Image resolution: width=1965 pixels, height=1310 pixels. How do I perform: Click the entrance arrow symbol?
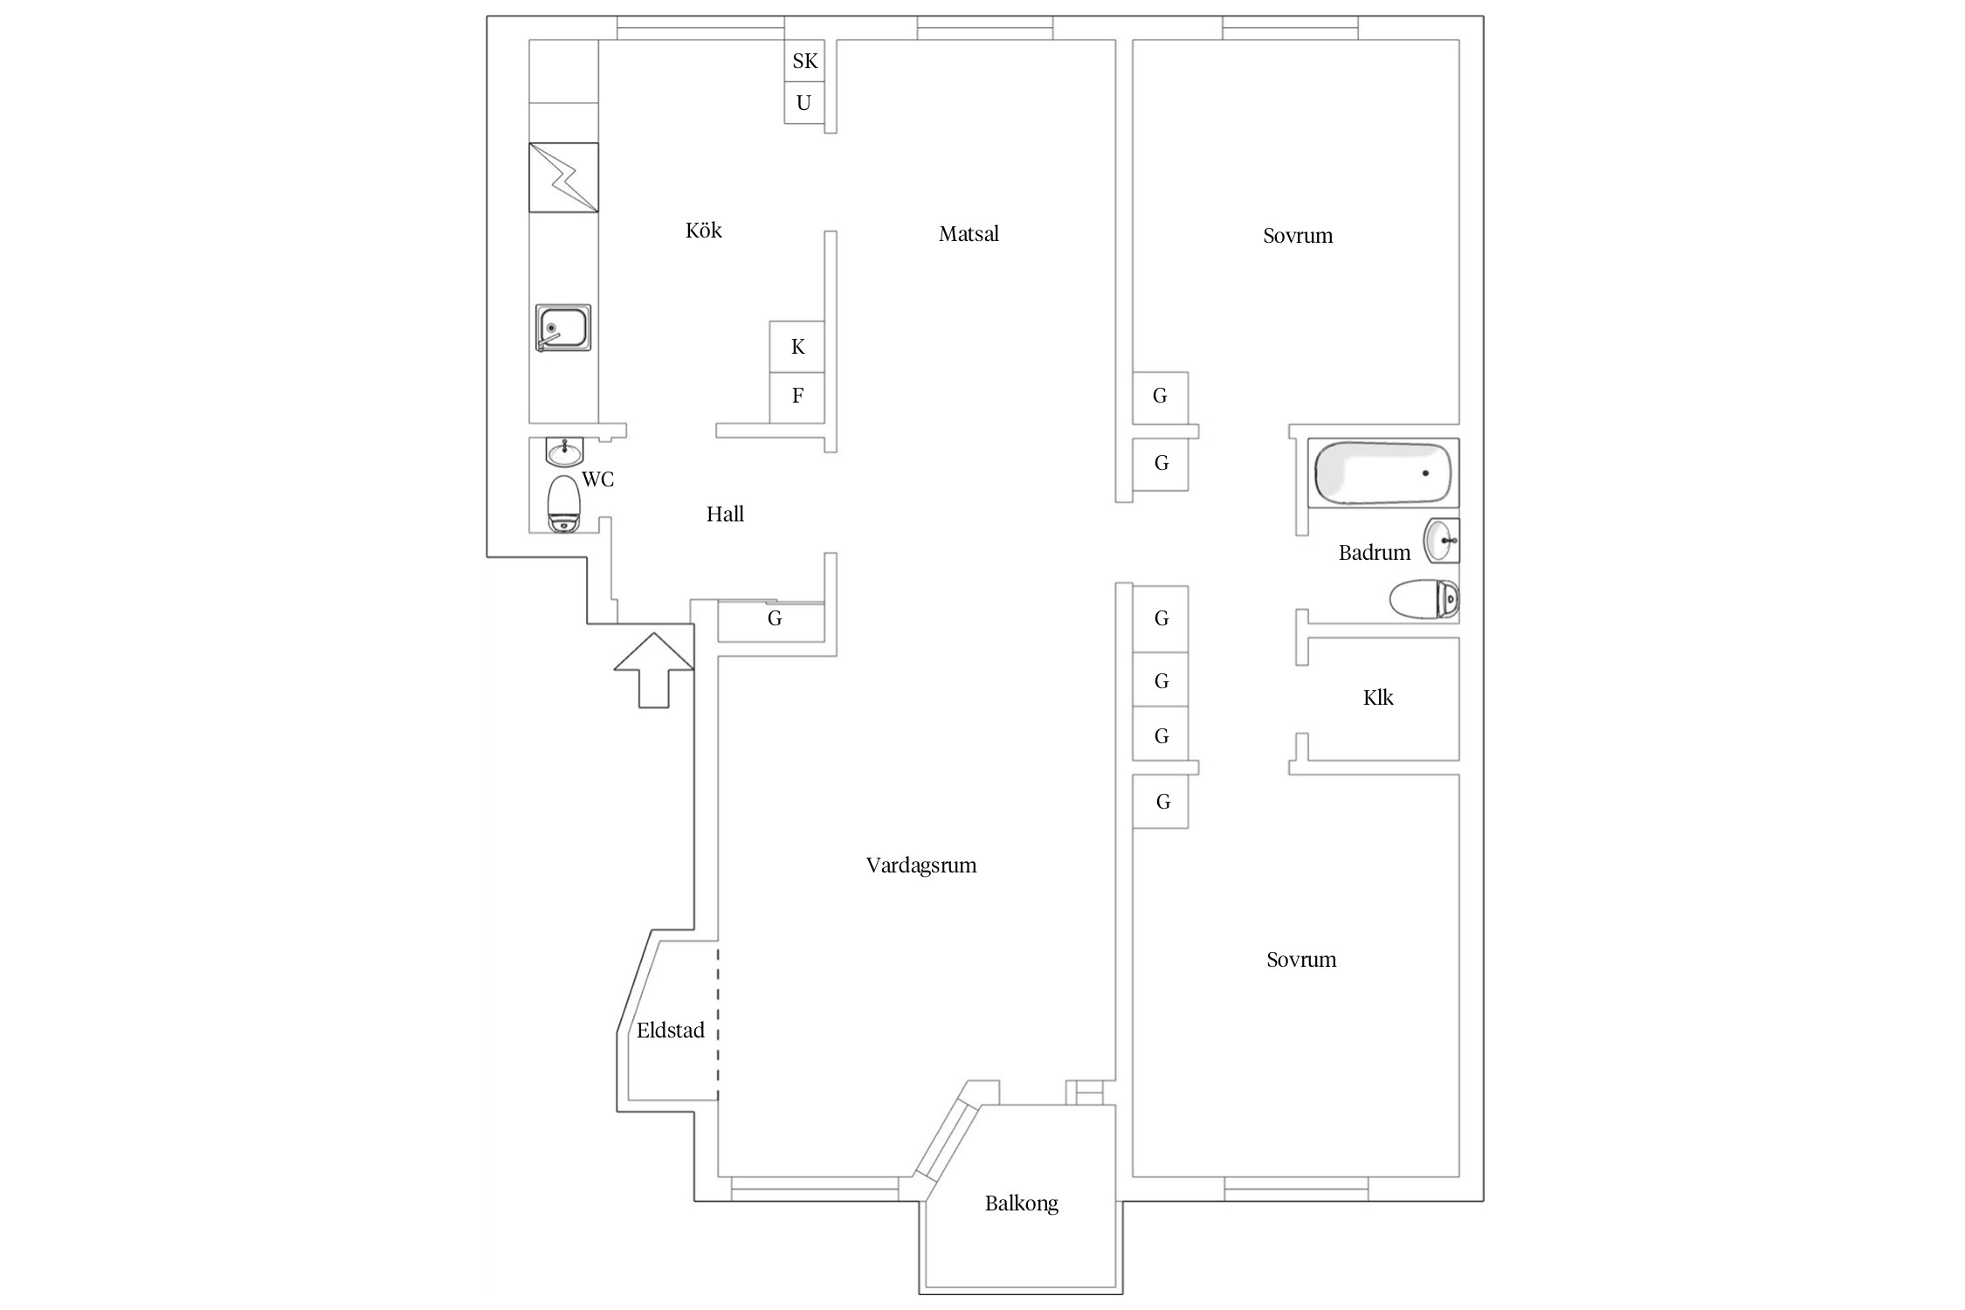tap(654, 670)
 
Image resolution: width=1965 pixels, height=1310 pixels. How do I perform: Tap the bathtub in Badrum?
tap(1383, 472)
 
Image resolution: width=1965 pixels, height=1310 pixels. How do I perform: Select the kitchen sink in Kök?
tap(563, 327)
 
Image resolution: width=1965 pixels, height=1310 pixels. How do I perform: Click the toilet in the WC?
tap(564, 504)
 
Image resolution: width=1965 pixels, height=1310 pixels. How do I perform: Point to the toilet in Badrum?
tap(1424, 600)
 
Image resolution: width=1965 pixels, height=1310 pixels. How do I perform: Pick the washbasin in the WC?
tap(564, 452)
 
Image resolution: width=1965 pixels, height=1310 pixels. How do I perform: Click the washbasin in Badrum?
tap(1442, 541)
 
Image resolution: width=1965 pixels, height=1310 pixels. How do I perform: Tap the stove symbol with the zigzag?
tap(563, 177)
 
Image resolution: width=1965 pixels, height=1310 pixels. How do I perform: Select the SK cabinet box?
tap(804, 61)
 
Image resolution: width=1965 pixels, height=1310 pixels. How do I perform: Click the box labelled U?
tap(804, 103)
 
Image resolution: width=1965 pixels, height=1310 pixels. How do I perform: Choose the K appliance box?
tap(797, 347)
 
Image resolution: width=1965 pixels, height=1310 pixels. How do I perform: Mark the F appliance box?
tap(797, 398)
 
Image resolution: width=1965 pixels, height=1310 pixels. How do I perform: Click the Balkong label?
tap(1022, 1203)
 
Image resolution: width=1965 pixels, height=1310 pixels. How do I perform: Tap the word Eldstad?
tap(671, 1031)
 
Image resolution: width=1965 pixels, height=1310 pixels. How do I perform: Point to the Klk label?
tap(1378, 697)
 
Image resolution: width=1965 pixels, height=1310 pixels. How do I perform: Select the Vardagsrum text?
tap(921, 865)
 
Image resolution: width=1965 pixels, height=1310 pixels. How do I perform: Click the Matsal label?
tap(969, 234)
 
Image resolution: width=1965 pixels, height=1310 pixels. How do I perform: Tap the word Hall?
tap(725, 514)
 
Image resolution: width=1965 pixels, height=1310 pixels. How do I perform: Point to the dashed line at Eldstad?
tap(718, 1024)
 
